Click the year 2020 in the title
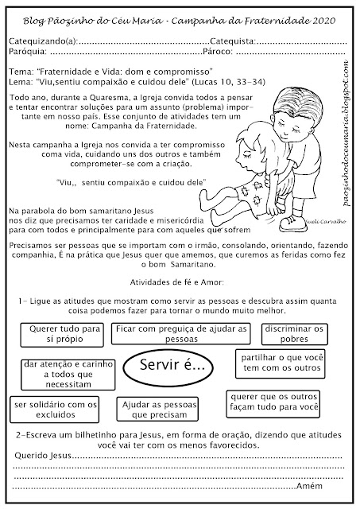point(324,21)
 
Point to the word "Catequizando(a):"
point(44,41)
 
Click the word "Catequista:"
point(233,41)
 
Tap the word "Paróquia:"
point(28,52)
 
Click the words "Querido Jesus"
point(43,456)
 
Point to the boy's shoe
point(292,223)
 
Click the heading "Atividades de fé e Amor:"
point(177,282)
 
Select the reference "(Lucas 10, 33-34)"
point(229,82)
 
